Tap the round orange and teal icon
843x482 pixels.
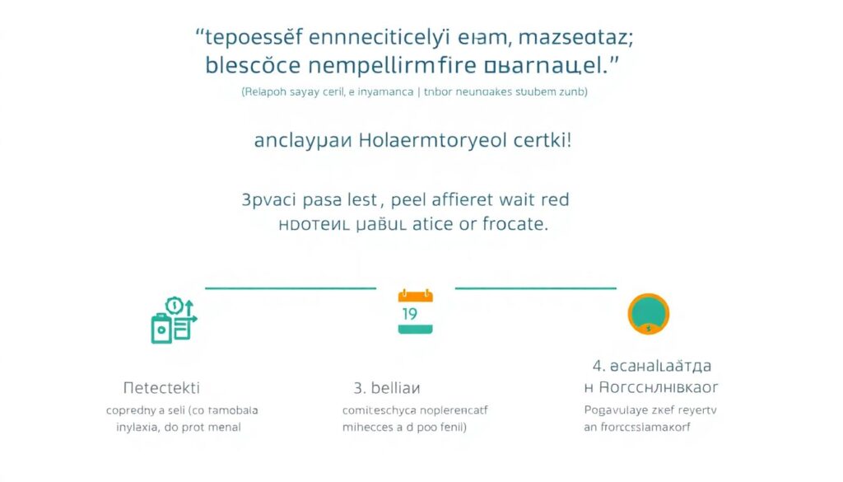click(648, 314)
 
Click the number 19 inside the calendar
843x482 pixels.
click(409, 314)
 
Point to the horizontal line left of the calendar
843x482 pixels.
click(290, 288)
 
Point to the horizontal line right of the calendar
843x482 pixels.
click(535, 288)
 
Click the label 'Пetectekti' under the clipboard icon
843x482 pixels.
click(161, 386)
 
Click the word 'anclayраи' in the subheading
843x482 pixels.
click(303, 140)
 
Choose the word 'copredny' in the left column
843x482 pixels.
click(135, 409)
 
